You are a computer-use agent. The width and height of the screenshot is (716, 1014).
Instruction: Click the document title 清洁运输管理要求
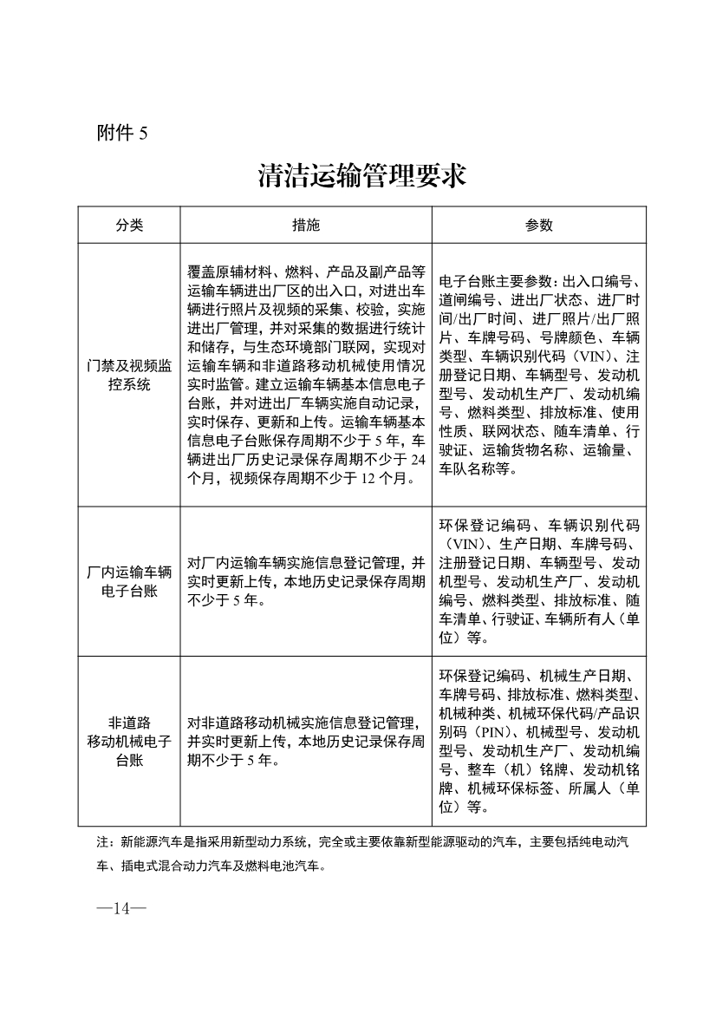[362, 175]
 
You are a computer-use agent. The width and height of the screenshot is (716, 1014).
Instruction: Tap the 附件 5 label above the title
[122, 133]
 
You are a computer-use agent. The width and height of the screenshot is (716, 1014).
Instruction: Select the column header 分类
[129, 226]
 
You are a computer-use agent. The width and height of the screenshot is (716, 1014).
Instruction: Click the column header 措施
[306, 226]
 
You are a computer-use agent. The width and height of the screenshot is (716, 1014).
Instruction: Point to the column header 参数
[538, 226]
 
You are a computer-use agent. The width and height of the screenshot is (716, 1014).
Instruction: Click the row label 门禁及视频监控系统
[129, 375]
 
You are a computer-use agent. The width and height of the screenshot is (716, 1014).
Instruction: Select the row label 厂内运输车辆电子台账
[129, 581]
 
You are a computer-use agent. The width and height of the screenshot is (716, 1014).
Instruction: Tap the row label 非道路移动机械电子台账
[129, 741]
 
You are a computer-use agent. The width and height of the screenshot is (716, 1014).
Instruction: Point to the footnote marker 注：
[106, 841]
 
